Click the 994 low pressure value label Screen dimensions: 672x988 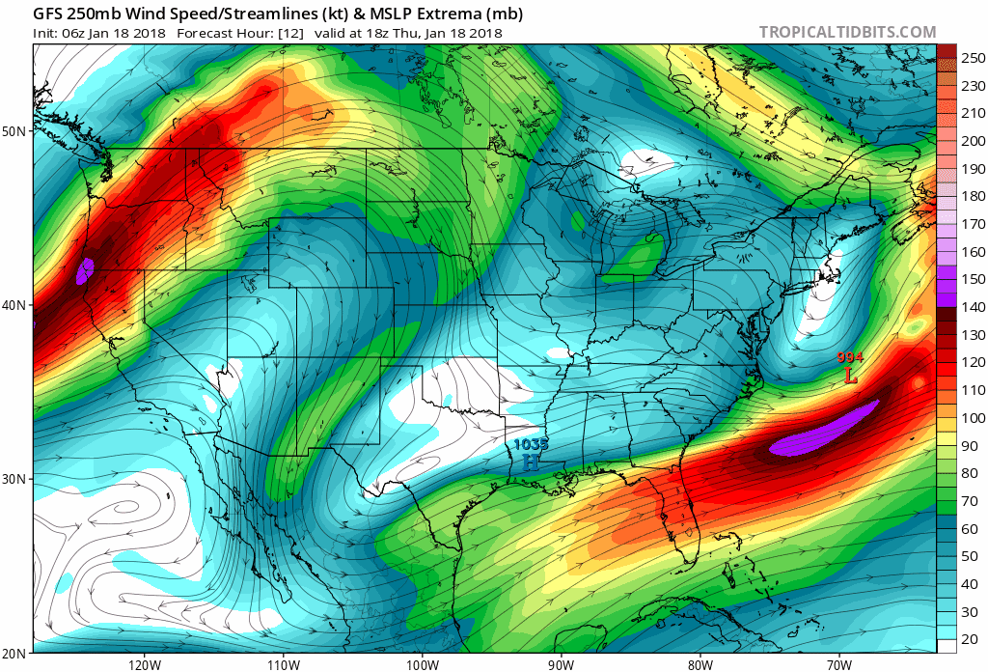tap(850, 358)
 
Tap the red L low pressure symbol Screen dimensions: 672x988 tap(850, 376)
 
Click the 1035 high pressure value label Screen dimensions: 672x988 tap(531, 444)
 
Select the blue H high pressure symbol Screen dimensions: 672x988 tap(531, 462)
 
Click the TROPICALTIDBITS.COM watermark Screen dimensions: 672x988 tap(847, 32)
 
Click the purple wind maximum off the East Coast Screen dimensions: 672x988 tap(827, 430)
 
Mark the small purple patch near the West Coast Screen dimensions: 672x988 tap(85, 270)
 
